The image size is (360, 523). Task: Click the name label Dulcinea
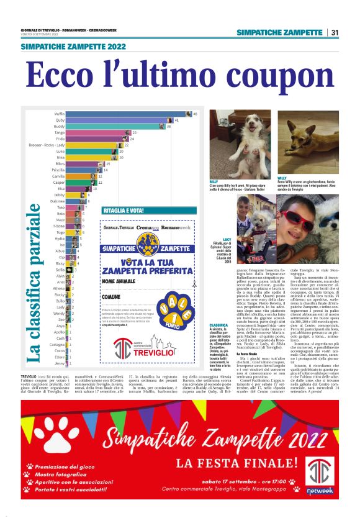[58, 201]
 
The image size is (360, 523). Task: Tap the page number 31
[334, 32]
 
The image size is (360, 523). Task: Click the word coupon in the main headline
[268, 76]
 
